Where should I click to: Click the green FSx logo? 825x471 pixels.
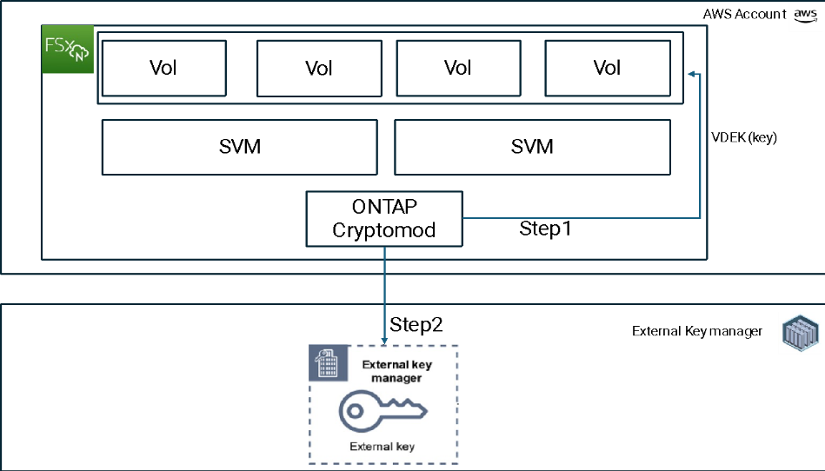tap(68, 49)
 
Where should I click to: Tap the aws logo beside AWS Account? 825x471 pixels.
tap(806, 15)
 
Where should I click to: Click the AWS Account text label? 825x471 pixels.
tap(744, 14)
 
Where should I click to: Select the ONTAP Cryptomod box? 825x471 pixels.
tap(384, 219)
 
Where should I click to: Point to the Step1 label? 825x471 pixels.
tap(545, 229)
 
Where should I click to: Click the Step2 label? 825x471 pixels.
tap(416, 324)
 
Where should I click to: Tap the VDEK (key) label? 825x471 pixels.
tap(744, 137)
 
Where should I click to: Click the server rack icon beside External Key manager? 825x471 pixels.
tap(801, 333)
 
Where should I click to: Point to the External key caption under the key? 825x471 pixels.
tap(382, 447)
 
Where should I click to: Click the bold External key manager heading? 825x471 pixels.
tap(396, 371)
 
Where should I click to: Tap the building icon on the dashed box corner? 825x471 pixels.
tap(329, 362)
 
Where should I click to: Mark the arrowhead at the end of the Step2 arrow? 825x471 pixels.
tap(384, 341)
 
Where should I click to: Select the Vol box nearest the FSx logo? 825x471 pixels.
tap(164, 69)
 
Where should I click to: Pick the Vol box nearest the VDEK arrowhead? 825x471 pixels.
tap(608, 69)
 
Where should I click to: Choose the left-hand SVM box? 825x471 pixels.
tap(239, 147)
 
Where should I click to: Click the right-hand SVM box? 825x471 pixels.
tap(532, 147)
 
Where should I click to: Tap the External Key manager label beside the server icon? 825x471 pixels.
tap(697, 331)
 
